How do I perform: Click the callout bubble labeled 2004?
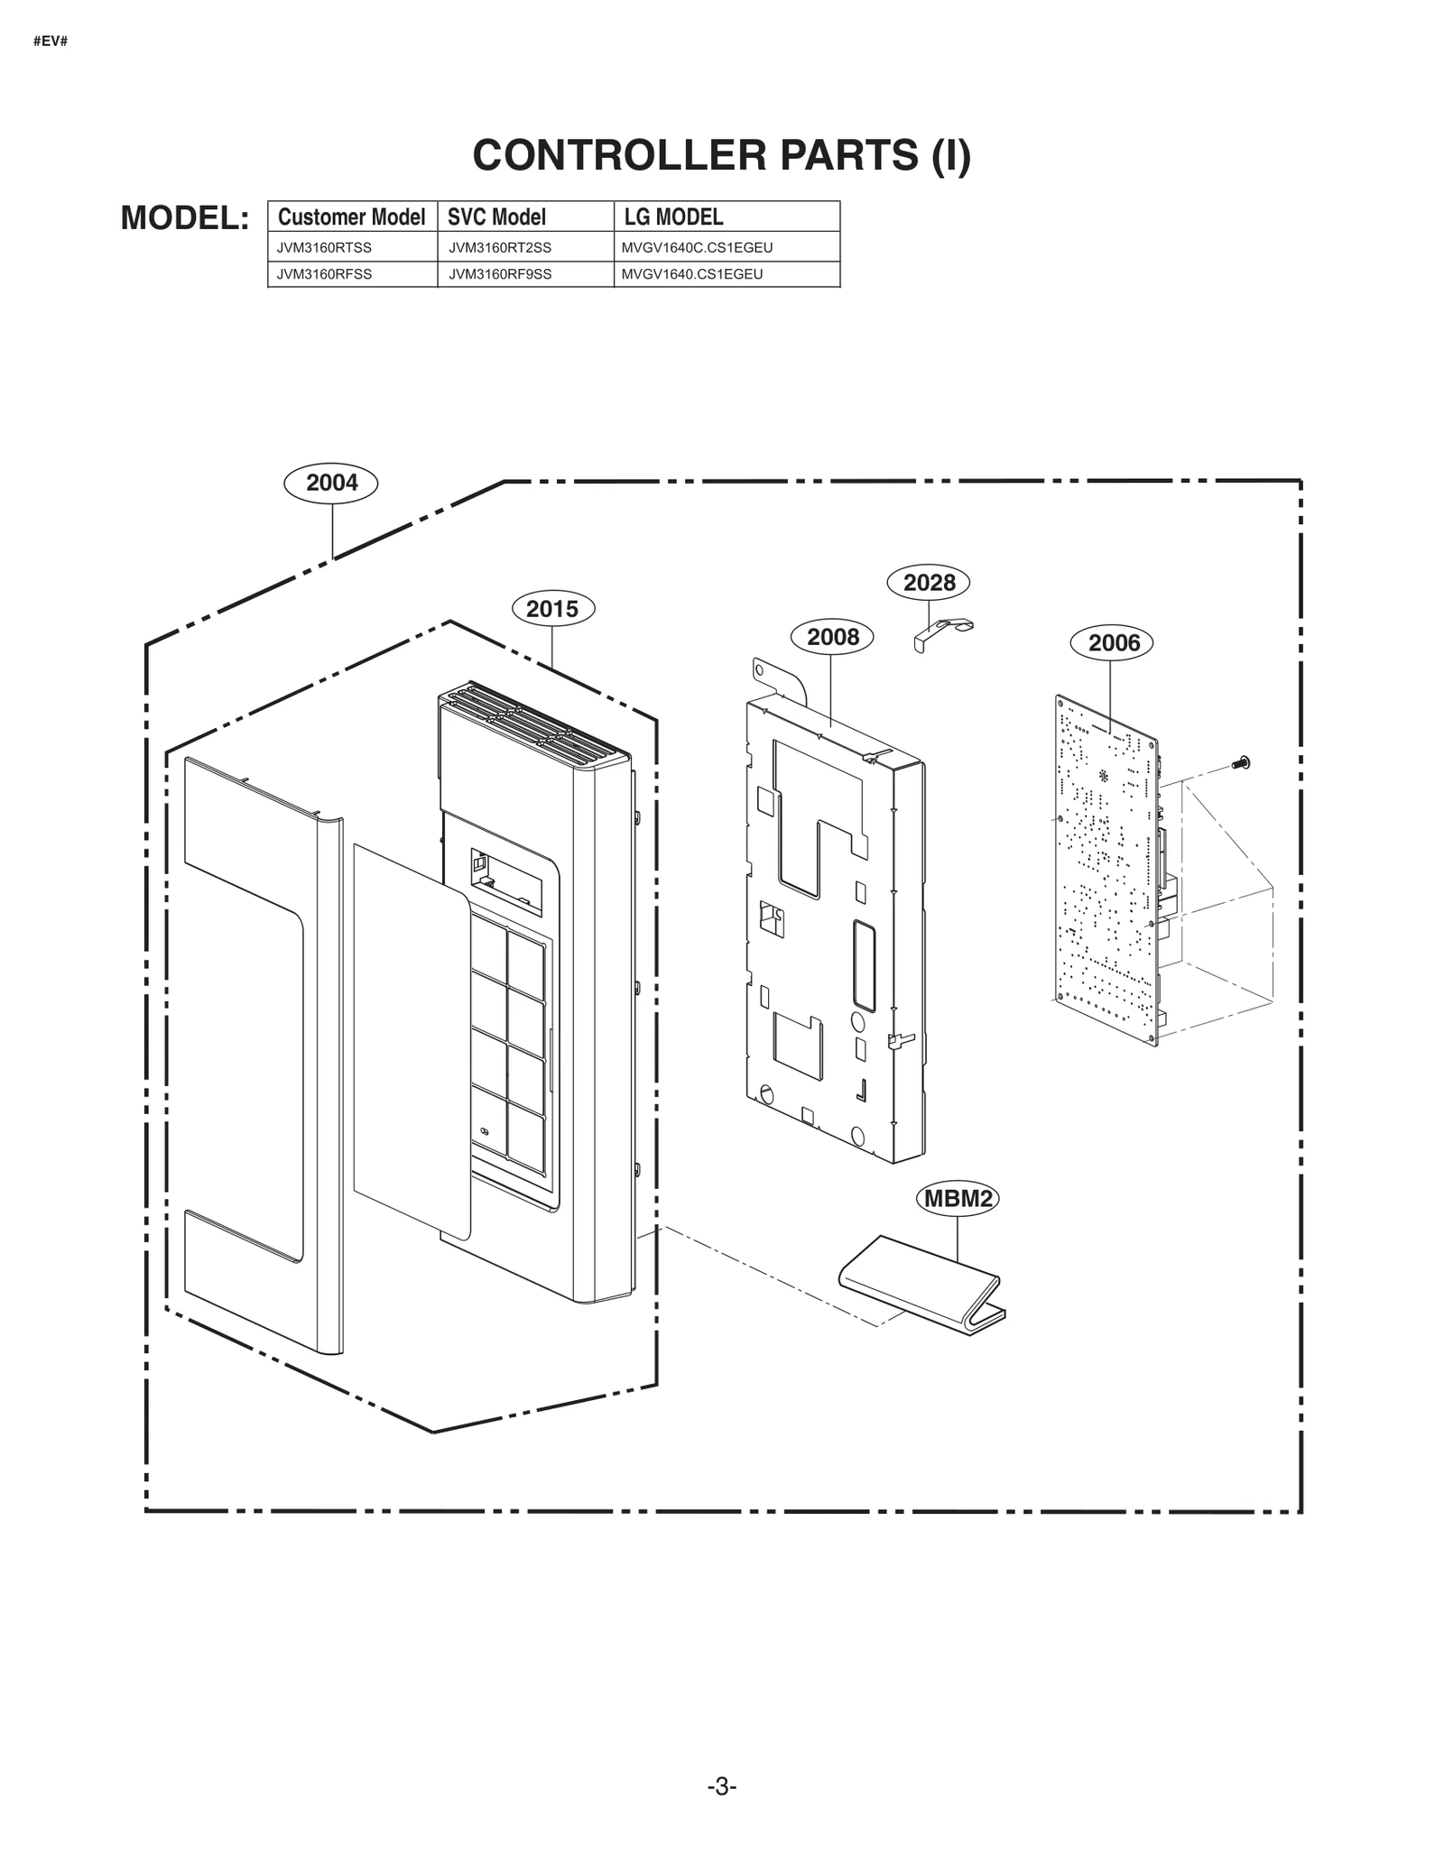[x=331, y=483]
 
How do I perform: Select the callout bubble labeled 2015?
[x=552, y=609]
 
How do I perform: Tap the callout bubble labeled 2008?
[x=832, y=637]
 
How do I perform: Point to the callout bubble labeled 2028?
[x=929, y=583]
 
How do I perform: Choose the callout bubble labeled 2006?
[x=1113, y=643]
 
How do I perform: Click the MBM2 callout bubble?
[x=958, y=1199]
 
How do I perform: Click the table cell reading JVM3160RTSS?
[x=324, y=247]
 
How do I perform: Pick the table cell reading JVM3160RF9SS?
[x=500, y=274]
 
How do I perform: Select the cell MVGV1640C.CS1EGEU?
[x=697, y=247]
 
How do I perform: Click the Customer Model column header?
[x=351, y=217]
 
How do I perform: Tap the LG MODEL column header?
[x=673, y=217]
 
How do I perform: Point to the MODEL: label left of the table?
[x=185, y=217]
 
